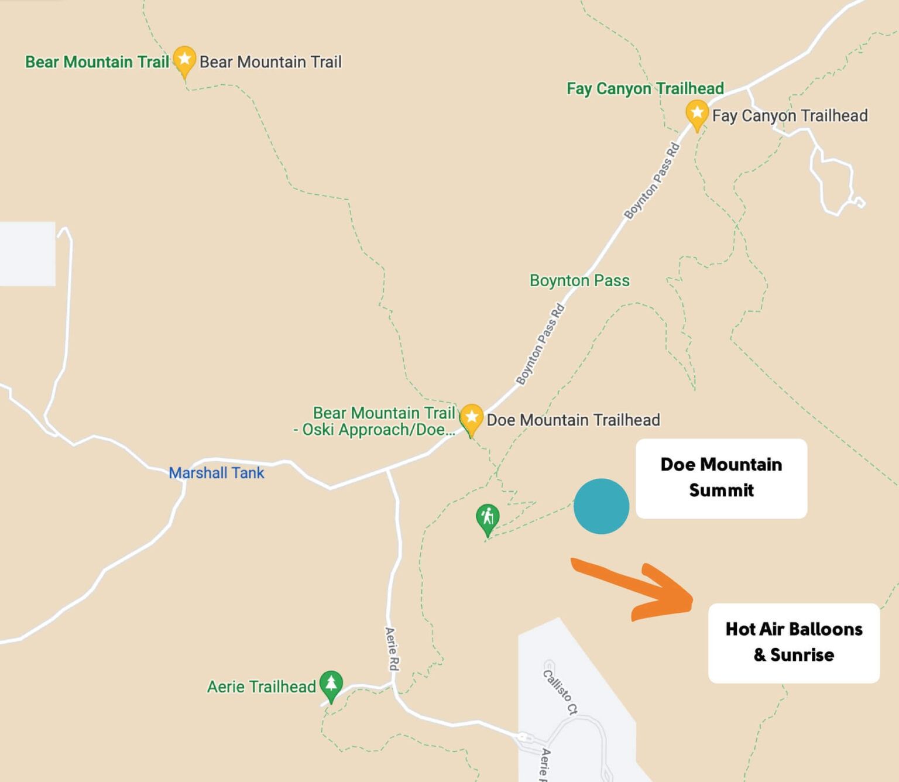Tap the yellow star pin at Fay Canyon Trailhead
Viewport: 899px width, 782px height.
pyautogui.click(x=696, y=114)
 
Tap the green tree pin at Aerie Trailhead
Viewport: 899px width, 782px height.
pyautogui.click(x=331, y=685)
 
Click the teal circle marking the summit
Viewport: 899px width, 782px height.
pyautogui.click(x=601, y=506)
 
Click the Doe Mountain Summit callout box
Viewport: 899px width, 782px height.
pyautogui.click(x=721, y=478)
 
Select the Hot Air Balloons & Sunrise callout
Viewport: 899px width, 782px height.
pyautogui.click(x=794, y=643)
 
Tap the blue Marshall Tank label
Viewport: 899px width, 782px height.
pyautogui.click(x=216, y=473)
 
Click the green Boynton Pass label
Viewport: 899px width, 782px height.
pyautogui.click(x=579, y=280)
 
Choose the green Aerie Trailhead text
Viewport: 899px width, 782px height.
pyautogui.click(x=261, y=687)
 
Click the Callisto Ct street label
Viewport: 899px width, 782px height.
pyautogui.click(x=560, y=692)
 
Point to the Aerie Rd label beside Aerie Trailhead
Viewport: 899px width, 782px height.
pyautogui.click(x=392, y=649)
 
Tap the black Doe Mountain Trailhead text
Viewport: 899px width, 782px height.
pyautogui.click(x=573, y=420)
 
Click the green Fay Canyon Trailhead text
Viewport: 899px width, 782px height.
pyautogui.click(x=645, y=88)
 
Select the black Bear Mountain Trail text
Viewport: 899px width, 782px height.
pyautogui.click(x=270, y=62)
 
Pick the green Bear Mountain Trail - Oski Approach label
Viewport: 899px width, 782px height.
pyautogui.click(x=375, y=421)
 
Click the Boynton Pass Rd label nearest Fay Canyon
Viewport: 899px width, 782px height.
pyautogui.click(x=651, y=181)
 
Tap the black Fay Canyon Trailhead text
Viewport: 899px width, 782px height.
pyautogui.click(x=790, y=116)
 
